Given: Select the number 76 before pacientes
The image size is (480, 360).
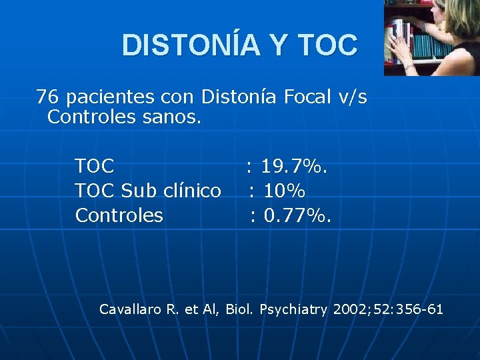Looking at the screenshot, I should tap(47, 97).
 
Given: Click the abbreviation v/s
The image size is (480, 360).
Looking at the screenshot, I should tap(353, 97).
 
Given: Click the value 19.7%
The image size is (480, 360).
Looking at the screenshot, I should tap(294, 165).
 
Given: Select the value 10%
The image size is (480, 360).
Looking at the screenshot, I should tap(285, 191).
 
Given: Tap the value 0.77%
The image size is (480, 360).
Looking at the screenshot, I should tap(298, 215).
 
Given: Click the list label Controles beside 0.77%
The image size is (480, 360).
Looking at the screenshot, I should tap(119, 215).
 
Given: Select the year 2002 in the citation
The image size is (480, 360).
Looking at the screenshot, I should tap(347, 309).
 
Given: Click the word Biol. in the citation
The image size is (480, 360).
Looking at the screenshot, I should tap(240, 309).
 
